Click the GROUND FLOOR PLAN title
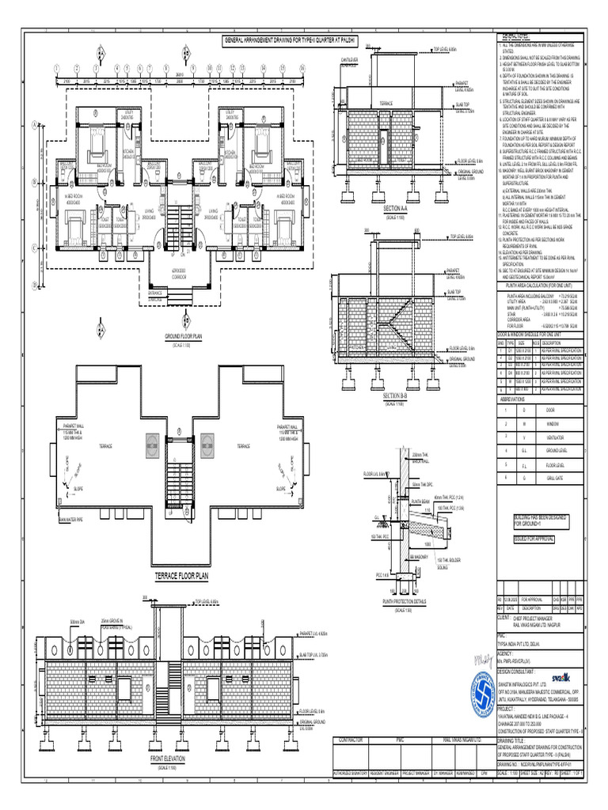184,336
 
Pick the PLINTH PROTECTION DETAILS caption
405,600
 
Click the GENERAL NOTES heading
515,36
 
